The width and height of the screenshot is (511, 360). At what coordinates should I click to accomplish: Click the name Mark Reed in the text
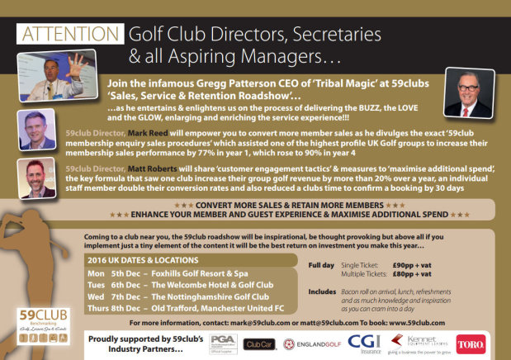click(149, 132)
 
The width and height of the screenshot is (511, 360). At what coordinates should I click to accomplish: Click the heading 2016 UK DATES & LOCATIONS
click(142, 259)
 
